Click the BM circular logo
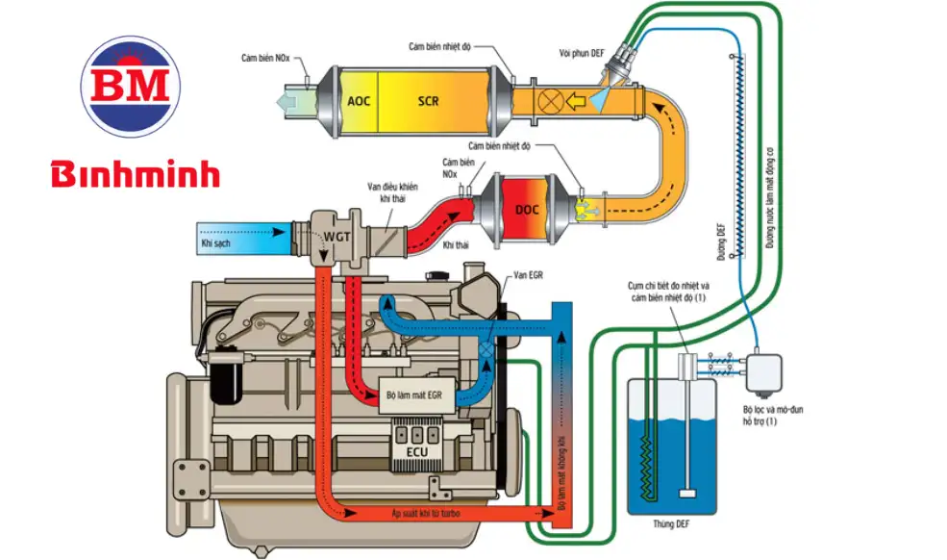(x=131, y=87)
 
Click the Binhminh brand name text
(x=136, y=174)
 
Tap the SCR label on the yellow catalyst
(x=429, y=100)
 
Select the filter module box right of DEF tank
(x=764, y=370)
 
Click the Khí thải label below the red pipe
(x=456, y=246)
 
